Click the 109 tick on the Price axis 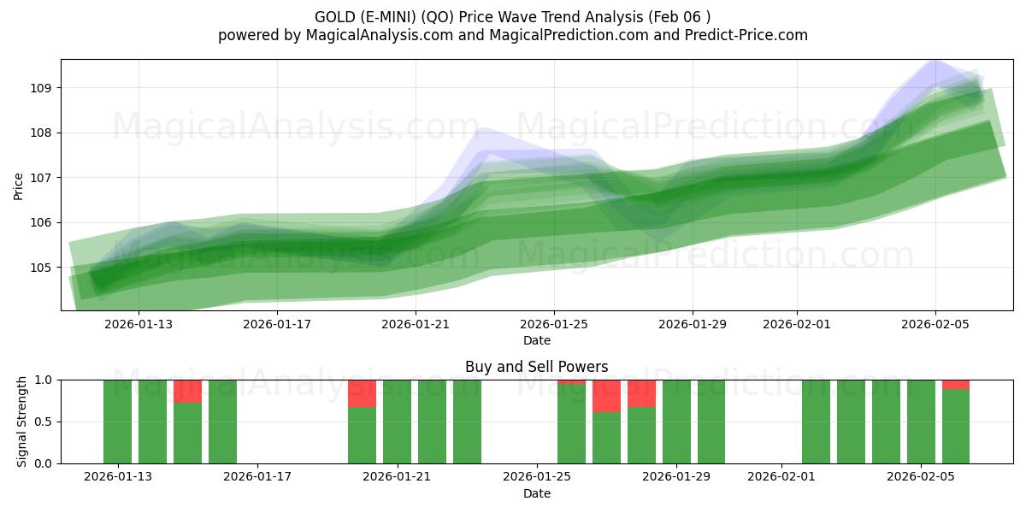click(x=42, y=88)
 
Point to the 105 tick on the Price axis click(x=42, y=268)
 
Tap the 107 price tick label click(x=42, y=178)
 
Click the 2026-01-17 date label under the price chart click(x=278, y=324)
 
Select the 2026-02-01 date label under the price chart click(x=797, y=324)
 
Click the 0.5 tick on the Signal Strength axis click(x=43, y=422)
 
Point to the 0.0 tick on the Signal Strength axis click(x=43, y=463)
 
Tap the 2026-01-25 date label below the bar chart click(x=536, y=477)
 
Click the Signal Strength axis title click(x=22, y=422)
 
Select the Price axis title click(x=19, y=186)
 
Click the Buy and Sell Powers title click(x=536, y=367)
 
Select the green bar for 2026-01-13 click(x=118, y=422)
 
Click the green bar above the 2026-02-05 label click(x=921, y=422)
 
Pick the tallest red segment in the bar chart click(x=606, y=396)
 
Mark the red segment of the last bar click(x=956, y=384)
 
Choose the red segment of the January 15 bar click(x=187, y=391)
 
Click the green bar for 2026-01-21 click(x=397, y=422)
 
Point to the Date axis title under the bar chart click(x=536, y=493)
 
